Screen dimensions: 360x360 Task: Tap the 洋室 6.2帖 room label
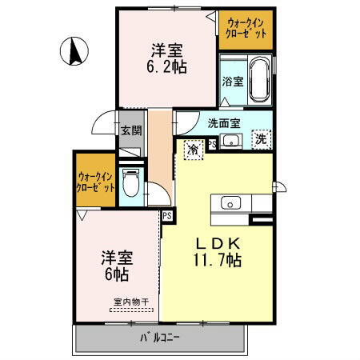point(167,60)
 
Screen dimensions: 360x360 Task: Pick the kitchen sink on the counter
point(230,202)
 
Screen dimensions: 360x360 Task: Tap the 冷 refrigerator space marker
point(194,149)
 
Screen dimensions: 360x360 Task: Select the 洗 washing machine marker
point(262,138)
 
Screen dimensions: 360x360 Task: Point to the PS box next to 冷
point(212,144)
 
